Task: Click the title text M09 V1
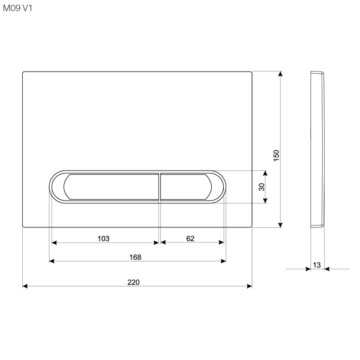point(17,8)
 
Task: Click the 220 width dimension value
point(133,282)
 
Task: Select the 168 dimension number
point(135,257)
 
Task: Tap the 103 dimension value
point(104,239)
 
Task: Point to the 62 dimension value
point(190,239)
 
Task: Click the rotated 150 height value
point(277,155)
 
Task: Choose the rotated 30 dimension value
point(262,187)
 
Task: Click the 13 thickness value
point(317,265)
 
